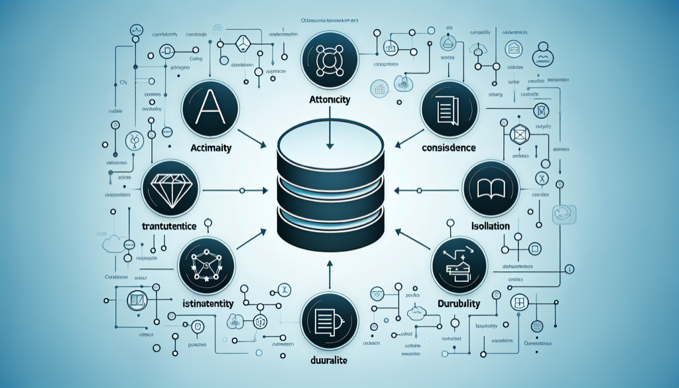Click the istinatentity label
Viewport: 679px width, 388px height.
207,304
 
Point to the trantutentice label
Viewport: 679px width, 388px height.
169,226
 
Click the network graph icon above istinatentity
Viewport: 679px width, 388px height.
207,265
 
